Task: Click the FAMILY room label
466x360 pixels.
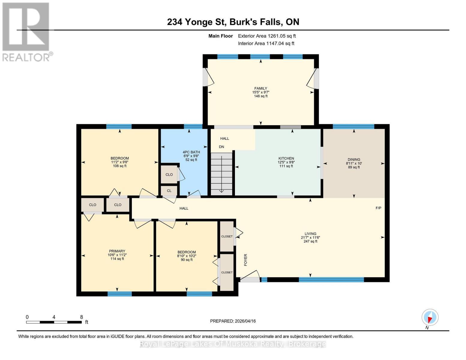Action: (x=260, y=88)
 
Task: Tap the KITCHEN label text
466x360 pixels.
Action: (x=286, y=158)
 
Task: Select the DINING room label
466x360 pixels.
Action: (x=354, y=160)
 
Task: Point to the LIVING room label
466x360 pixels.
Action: (x=310, y=234)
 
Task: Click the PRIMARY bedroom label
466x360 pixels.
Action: (x=117, y=251)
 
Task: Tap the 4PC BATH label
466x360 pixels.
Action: (x=191, y=152)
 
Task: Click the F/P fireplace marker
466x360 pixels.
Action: (x=378, y=208)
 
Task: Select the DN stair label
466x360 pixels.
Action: (x=221, y=147)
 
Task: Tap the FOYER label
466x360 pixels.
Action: (x=245, y=260)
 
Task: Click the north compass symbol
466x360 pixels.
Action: (x=430, y=317)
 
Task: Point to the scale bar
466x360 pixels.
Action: (x=54, y=322)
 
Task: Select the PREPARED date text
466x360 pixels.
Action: (x=233, y=321)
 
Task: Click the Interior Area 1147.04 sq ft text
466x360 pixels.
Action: (x=266, y=43)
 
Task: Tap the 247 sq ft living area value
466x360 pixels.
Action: (x=310, y=241)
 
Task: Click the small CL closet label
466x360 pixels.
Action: (x=169, y=190)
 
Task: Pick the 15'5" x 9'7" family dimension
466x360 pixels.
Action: (x=260, y=92)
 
